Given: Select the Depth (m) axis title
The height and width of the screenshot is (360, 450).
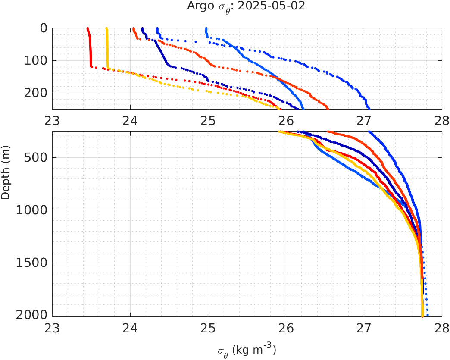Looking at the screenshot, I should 6,177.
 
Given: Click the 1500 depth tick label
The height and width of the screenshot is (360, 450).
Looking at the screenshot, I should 31,263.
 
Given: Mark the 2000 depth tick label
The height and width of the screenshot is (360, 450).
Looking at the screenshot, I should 31,315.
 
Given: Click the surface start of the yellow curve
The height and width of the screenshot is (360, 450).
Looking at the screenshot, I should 107,29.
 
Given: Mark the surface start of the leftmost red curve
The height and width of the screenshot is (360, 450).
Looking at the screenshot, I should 87,29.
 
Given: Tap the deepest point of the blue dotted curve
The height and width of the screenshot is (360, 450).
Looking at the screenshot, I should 428,315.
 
